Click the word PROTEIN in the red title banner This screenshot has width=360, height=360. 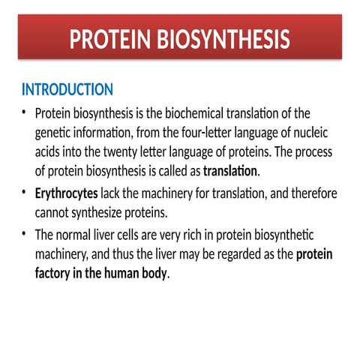tap(109, 39)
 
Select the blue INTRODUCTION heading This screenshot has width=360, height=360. tap(67, 90)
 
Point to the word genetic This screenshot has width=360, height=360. tap(54, 133)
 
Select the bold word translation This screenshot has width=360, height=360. tap(230, 169)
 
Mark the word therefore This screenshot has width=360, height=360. tap(310, 194)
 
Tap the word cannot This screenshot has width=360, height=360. tap(54, 212)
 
